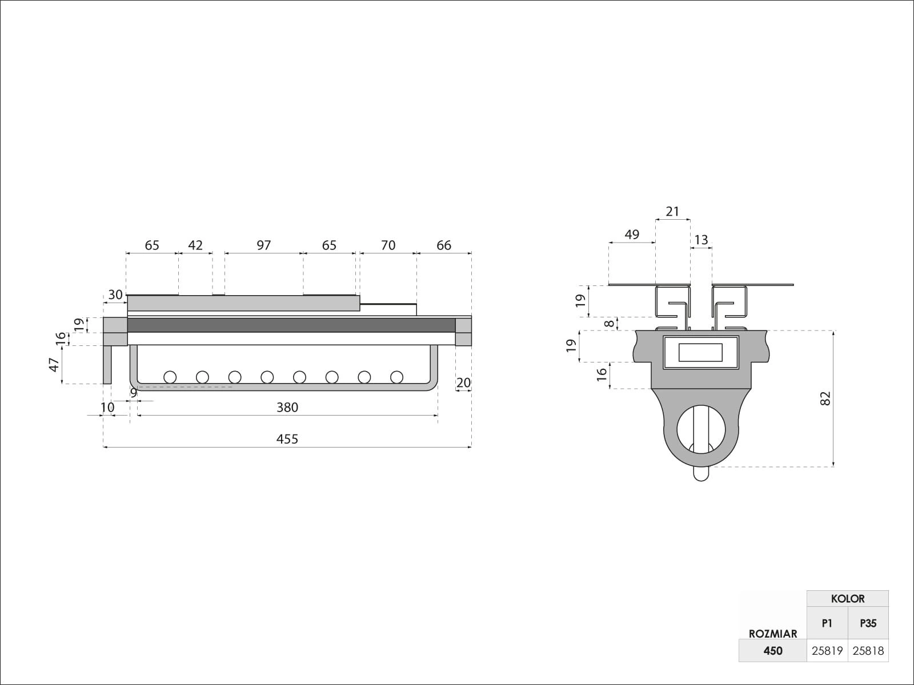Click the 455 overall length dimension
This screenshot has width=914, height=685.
(287, 439)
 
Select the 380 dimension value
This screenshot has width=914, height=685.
(287, 407)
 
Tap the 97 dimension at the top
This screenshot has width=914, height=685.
(263, 245)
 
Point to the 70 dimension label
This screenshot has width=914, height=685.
(388, 245)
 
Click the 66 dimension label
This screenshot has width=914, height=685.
(444, 245)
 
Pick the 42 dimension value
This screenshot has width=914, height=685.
(195, 245)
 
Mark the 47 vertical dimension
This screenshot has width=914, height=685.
(54, 365)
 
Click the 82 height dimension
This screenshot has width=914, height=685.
(825, 398)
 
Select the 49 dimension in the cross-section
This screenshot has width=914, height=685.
(632, 235)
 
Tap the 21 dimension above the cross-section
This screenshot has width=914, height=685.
(672, 212)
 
